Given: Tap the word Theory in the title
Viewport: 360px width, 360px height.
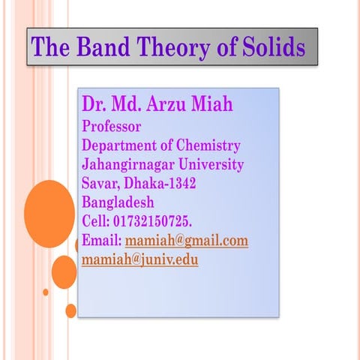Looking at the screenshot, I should coord(163,47).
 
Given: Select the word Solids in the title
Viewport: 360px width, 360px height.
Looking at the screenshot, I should coord(272,47).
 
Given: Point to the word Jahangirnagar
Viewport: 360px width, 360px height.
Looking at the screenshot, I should coord(127,164).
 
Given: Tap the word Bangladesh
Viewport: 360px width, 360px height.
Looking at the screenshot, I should coord(118,202).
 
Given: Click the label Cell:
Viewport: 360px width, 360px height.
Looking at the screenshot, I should coord(95,222).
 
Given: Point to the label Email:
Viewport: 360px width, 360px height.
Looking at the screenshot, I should coord(101,241).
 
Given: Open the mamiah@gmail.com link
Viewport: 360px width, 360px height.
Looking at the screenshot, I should coord(186,241).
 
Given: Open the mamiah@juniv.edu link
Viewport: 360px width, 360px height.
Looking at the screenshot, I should coord(140,261).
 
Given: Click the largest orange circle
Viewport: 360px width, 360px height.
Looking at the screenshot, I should coord(49,214).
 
